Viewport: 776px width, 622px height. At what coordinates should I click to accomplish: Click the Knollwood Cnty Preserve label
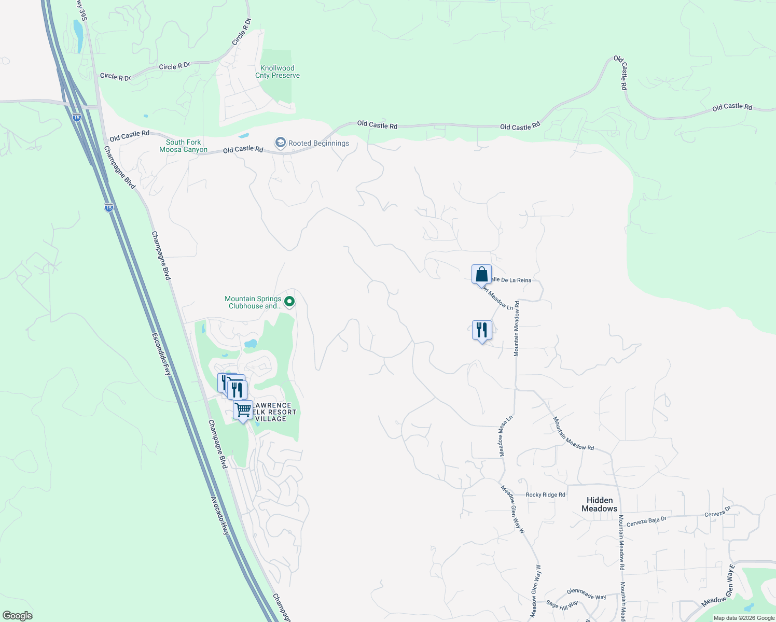(x=278, y=72)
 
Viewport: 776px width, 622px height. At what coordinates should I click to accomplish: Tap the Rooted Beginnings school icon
(x=281, y=143)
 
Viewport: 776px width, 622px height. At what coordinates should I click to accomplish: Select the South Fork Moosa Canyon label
(x=184, y=146)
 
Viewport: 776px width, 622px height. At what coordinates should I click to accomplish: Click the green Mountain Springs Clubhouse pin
(x=290, y=301)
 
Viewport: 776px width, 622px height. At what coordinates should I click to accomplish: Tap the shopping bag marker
(x=481, y=274)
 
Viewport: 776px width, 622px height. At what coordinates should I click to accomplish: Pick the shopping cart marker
(x=243, y=410)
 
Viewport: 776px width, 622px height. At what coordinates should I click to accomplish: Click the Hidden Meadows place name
(x=600, y=504)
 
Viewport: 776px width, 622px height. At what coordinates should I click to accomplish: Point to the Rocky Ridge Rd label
(x=545, y=494)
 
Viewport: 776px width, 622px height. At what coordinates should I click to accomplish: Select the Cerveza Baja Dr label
(x=646, y=521)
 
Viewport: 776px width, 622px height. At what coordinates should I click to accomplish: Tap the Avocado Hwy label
(x=219, y=516)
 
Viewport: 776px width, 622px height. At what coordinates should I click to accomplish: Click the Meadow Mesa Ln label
(x=506, y=435)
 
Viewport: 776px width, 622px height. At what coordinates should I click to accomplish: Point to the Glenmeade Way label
(x=586, y=594)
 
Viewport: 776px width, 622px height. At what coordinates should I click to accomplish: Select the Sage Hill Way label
(x=562, y=604)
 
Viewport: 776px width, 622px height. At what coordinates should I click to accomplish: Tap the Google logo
(x=18, y=616)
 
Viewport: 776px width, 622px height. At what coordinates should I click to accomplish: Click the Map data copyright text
(x=744, y=618)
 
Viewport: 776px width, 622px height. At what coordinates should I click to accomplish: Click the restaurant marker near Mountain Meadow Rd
(x=482, y=330)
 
